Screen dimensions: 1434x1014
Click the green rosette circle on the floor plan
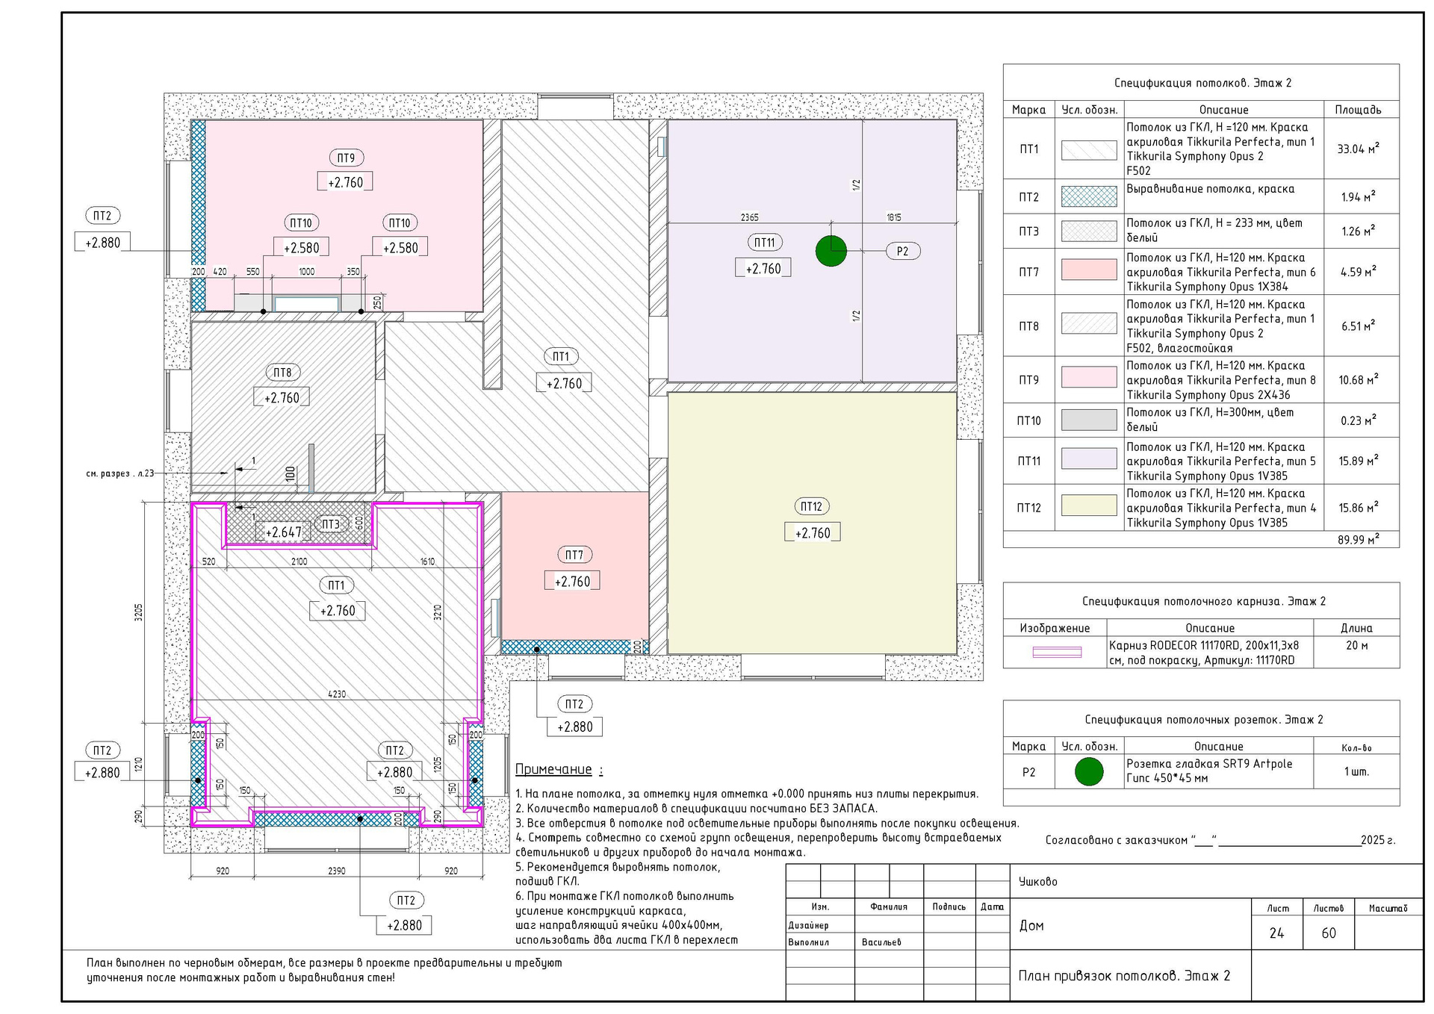tap(831, 251)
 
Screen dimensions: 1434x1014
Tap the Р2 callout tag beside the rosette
tap(902, 251)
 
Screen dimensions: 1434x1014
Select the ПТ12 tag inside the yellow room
tap(811, 506)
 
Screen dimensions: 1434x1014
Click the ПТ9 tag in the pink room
tap(346, 158)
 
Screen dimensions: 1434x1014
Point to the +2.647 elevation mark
tap(284, 532)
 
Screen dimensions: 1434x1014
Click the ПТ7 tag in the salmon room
tap(574, 555)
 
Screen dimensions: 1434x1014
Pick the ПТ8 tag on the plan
tap(282, 373)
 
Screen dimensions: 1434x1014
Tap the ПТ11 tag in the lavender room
tap(764, 242)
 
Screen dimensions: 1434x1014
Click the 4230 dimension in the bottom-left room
tap(337, 694)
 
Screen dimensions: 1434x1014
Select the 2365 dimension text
tap(750, 217)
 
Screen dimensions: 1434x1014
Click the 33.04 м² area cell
tap(1358, 149)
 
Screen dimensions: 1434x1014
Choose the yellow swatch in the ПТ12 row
tap(1089, 506)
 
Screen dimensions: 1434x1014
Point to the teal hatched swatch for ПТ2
tap(1089, 196)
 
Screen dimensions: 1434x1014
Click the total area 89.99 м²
tap(1358, 539)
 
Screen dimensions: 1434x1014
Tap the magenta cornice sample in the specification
tap(1057, 653)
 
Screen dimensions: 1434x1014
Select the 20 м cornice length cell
tap(1356, 645)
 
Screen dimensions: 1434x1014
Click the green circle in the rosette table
tap(1089, 771)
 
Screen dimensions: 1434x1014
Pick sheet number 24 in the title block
tap(1276, 933)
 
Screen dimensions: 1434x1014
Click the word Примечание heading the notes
tap(553, 769)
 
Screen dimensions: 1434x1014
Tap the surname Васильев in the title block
tap(881, 942)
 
